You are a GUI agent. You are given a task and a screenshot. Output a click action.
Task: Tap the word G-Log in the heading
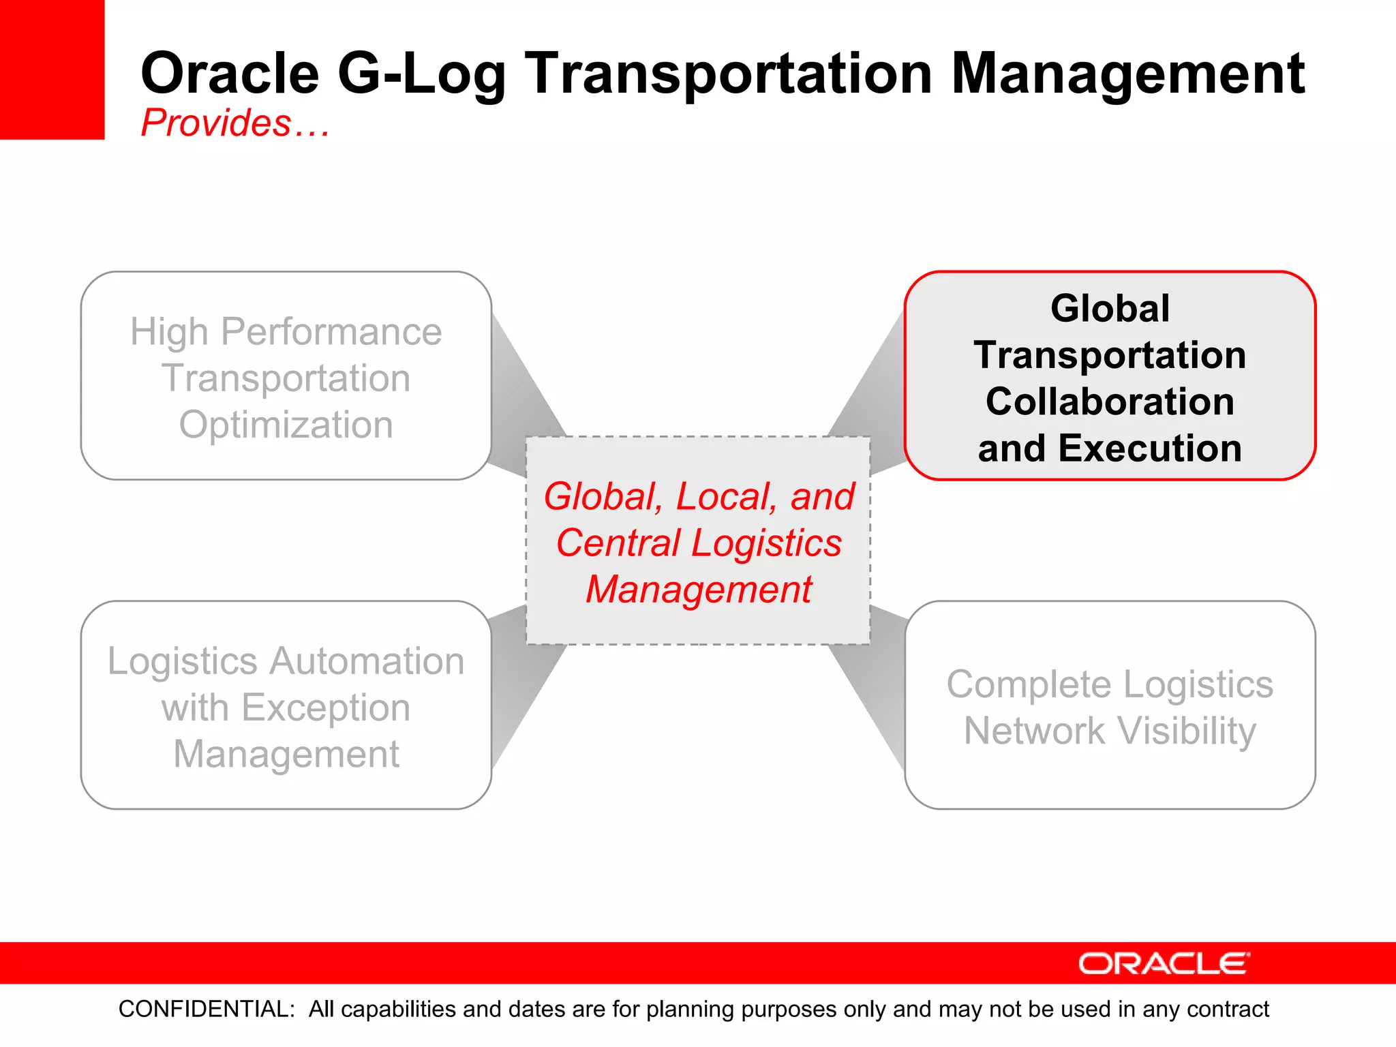tap(422, 75)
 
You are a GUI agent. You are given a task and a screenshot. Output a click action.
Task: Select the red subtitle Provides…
tap(235, 123)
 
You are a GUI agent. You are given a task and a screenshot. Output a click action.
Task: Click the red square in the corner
tap(52, 69)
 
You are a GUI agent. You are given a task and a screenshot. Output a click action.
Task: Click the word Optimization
tap(286, 425)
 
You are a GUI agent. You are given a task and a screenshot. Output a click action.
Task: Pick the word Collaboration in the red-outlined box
tap(1110, 401)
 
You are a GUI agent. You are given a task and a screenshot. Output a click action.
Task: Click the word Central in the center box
tap(618, 543)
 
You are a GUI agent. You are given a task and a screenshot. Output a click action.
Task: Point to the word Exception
tap(326, 709)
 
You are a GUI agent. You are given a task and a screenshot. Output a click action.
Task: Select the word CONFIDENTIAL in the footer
tap(207, 1009)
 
